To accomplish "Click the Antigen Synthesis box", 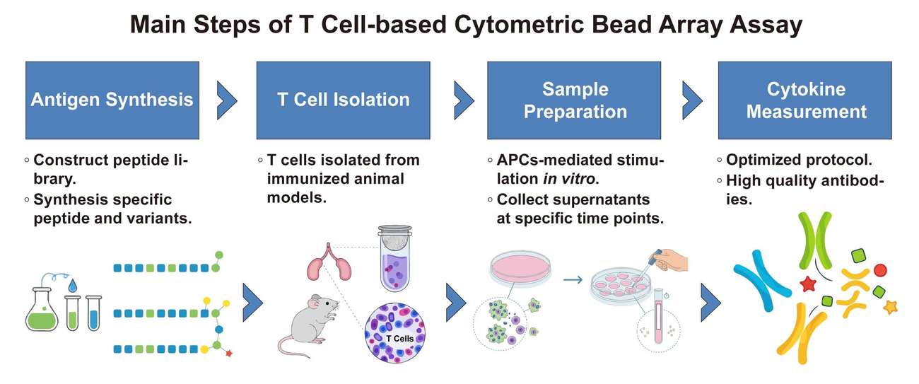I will pyautogui.click(x=112, y=100).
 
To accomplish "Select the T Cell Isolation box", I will pyautogui.click(x=343, y=100).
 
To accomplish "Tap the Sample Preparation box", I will pyautogui.click(x=574, y=100).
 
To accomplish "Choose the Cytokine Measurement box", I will pyautogui.click(x=806, y=100).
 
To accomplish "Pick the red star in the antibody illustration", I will pyautogui.click(x=807, y=284).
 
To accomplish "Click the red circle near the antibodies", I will pyautogui.click(x=880, y=269).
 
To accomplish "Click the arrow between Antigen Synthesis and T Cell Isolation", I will pyautogui.click(x=227, y=100).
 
